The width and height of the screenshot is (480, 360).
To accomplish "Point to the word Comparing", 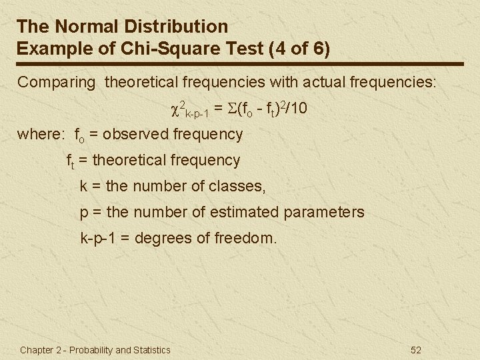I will (57, 83).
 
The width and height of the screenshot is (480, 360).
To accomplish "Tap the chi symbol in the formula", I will (177, 108).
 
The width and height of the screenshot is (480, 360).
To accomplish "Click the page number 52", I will (416, 350).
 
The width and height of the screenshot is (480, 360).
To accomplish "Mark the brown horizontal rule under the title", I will (240, 64).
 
